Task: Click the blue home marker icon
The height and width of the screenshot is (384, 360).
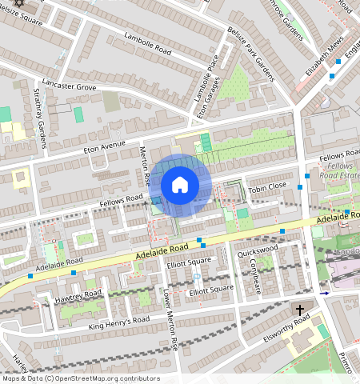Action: (180, 185)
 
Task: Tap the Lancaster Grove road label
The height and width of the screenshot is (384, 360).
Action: (69, 85)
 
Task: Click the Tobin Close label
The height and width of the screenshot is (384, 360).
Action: (266, 186)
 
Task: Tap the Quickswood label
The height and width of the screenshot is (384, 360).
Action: (258, 250)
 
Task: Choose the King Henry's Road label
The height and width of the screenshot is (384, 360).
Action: (119, 322)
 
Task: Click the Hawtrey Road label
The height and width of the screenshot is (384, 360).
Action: (78, 294)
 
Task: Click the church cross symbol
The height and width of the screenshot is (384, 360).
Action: (301, 310)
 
